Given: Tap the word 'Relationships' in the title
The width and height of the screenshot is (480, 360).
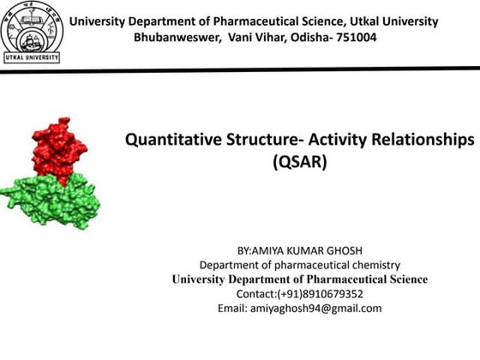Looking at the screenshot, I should pos(424,139).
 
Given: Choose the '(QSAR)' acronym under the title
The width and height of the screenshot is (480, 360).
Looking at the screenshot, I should pos(299,160).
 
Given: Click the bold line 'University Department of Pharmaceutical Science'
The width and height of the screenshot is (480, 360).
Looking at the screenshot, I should pos(299,279).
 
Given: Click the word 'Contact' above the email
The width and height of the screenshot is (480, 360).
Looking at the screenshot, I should pos(255,294).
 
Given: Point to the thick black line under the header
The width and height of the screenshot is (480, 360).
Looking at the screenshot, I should pos(257,73).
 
